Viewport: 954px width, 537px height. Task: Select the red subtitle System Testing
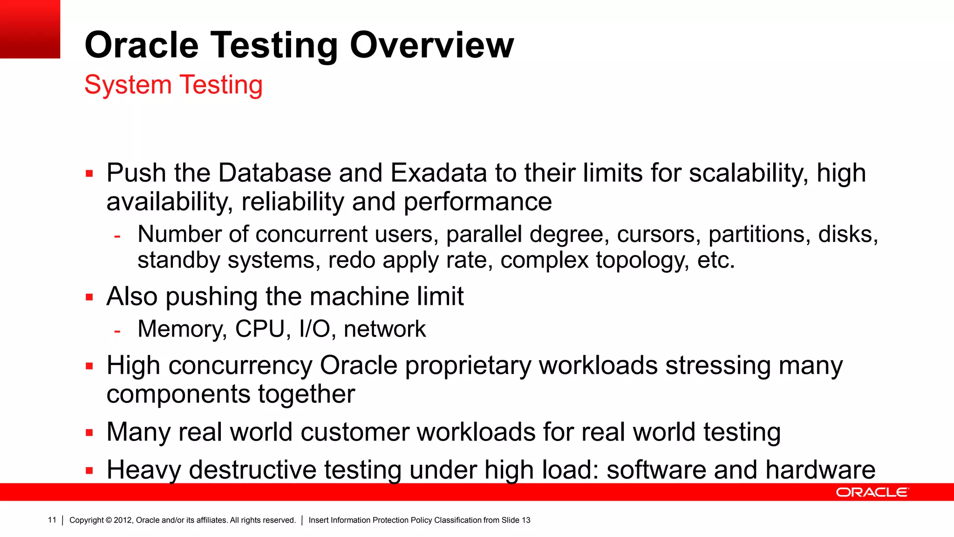point(173,85)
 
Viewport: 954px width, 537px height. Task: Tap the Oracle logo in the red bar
point(872,492)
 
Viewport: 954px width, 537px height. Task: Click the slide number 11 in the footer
point(52,520)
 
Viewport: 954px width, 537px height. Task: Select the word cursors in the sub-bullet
point(659,234)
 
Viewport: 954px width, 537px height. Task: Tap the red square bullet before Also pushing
point(89,297)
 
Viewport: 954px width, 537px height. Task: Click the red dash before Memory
point(117,331)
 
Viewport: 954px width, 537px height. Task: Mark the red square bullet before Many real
point(89,433)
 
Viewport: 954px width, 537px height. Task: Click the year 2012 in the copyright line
point(123,520)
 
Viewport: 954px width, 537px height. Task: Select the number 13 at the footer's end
point(525,520)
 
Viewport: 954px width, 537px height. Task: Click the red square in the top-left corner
point(30,29)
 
